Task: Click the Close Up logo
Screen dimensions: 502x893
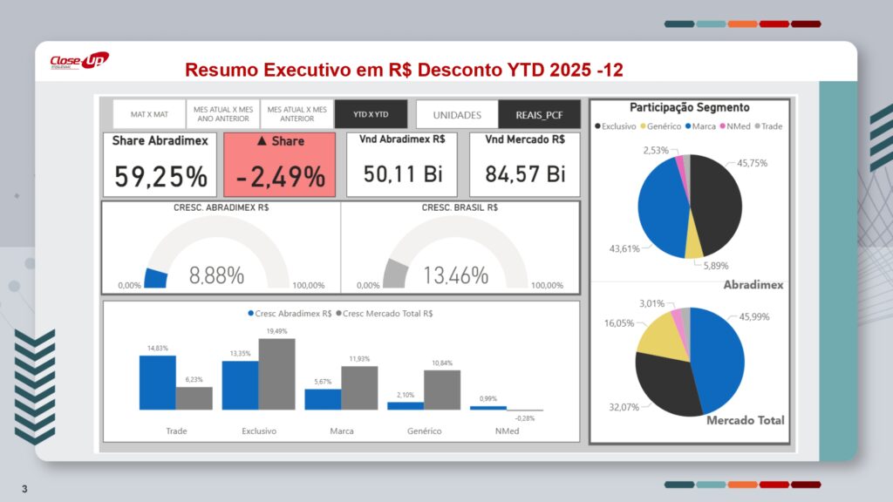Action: pos(78,61)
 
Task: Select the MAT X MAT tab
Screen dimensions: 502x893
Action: pos(149,114)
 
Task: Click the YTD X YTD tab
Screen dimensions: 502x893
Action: pos(371,114)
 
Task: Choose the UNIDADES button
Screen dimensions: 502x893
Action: pos(457,114)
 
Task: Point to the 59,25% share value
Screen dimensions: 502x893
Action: pos(161,177)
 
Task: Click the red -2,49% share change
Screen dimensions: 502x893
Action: pos(279,177)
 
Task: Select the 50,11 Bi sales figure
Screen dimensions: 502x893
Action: pos(403,173)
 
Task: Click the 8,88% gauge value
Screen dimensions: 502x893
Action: pos(216,276)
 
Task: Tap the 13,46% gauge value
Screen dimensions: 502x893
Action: pos(455,276)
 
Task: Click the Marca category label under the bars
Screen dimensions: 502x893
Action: pos(342,431)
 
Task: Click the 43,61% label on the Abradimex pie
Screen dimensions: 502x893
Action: pos(624,249)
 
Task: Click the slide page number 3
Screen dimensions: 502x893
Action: pos(24,488)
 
